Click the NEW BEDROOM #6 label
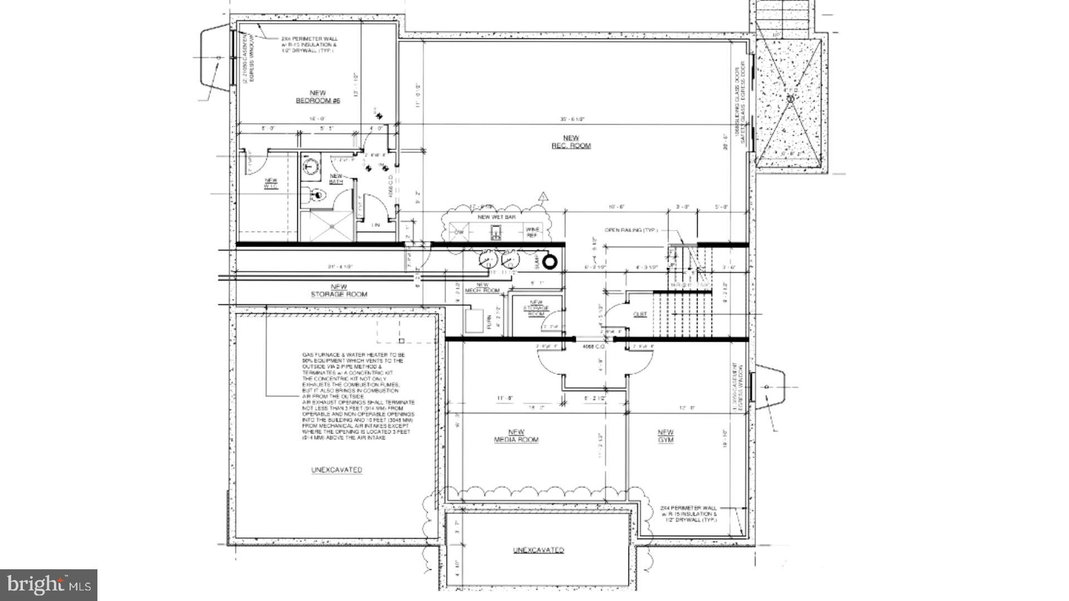pos(317,97)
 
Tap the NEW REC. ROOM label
pos(571,142)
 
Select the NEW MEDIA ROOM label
pos(516,436)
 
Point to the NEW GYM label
pos(665,436)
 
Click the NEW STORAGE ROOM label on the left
pos(339,290)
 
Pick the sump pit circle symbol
pos(550,262)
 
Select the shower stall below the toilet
pos(327,225)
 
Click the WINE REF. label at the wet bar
pos(532,233)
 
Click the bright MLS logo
pos(48,585)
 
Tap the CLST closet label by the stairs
pos(640,314)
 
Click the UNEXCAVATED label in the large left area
pos(336,470)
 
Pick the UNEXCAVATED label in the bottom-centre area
pos(538,550)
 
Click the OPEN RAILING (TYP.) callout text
pos(631,230)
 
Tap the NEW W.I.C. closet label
pos(271,183)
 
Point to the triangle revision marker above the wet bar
pos(543,196)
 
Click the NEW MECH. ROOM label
pos(482,288)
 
